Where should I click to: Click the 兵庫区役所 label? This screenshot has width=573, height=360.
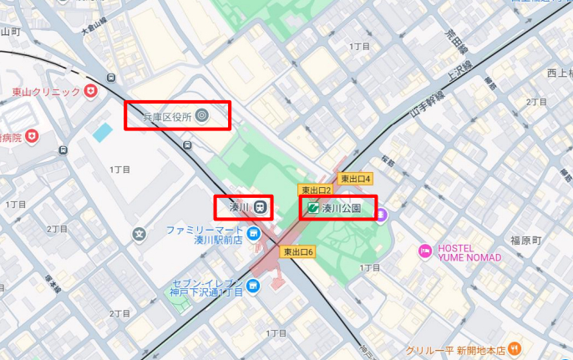pos(167,117)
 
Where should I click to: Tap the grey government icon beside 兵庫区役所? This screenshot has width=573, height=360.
pos(201,117)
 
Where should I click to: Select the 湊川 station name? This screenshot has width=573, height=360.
pos(240,207)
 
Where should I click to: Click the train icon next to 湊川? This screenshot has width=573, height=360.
pos(261,207)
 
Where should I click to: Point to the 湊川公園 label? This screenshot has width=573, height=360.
pos(342,208)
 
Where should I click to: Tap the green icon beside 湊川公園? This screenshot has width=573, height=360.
pos(312,208)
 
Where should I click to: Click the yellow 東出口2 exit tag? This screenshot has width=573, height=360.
pos(317,190)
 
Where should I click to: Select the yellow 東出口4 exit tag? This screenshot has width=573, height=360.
pos(355,179)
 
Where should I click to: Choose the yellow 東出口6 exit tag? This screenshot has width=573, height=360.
pos(298,251)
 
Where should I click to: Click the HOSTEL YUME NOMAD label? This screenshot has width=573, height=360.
pos(468,252)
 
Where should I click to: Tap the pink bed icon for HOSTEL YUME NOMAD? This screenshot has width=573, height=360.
pos(424,251)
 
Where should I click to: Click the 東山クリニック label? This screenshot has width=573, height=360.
pos(46,91)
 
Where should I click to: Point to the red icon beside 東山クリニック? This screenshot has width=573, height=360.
pos(90,90)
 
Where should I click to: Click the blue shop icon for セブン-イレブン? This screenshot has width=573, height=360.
pos(253,286)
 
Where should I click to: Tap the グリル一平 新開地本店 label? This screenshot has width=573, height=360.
pos(458,350)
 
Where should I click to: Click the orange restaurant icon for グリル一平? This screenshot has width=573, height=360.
pos(515,348)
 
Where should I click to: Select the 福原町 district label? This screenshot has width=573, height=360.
pos(526,240)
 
